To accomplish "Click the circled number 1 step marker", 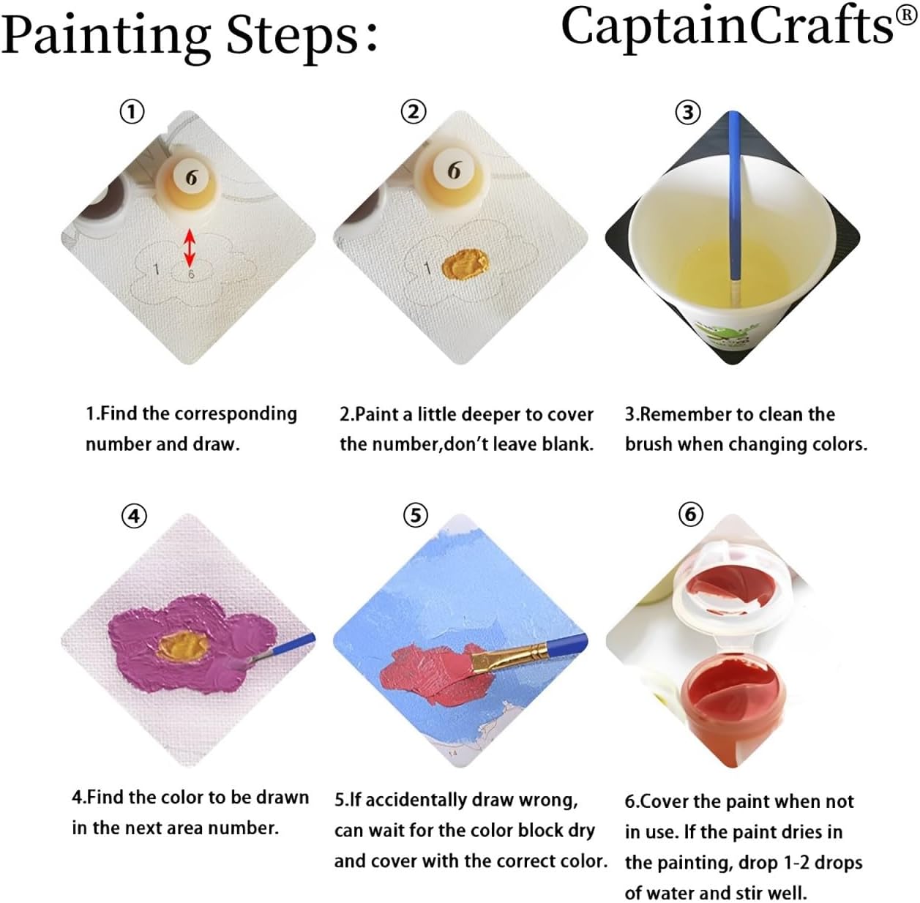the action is [x=132, y=113].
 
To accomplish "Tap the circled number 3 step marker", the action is [x=688, y=113].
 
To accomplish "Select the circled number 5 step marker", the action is [x=416, y=516].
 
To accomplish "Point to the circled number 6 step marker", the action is [x=691, y=514].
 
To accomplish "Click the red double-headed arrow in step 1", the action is [x=190, y=247].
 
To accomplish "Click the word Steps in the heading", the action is [x=291, y=37].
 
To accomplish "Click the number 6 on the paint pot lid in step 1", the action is [x=191, y=178].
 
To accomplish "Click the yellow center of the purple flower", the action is [x=183, y=645].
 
